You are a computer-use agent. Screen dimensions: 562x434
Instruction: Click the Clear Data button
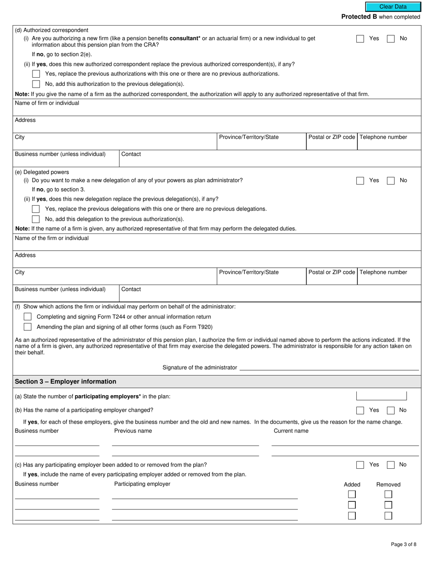(393, 7)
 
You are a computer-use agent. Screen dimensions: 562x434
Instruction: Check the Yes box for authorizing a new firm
(360, 39)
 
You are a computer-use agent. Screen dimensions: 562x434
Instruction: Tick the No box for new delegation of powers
(391, 180)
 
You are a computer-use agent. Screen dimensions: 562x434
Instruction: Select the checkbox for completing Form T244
(27, 317)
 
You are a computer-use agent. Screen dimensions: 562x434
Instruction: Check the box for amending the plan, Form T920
(27, 327)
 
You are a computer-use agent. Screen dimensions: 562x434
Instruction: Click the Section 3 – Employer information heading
(65, 382)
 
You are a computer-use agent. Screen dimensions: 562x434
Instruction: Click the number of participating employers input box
(381, 396)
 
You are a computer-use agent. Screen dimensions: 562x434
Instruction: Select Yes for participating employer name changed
(360, 410)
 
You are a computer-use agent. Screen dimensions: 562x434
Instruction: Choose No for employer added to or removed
(391, 465)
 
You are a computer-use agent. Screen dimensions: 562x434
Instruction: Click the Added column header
(352, 484)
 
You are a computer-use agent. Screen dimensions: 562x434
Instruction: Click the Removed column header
(388, 484)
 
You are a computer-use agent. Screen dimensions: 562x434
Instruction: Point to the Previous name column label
(133, 431)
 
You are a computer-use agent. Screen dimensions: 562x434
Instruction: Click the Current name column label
(291, 431)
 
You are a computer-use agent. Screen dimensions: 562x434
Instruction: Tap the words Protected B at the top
(359, 17)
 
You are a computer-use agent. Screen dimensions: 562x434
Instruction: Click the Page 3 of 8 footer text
(403, 544)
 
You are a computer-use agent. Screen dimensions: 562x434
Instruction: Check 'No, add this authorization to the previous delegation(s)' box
(36, 84)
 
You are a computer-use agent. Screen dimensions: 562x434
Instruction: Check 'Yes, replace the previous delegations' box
(36, 209)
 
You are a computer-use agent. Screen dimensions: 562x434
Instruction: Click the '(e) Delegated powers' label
(42, 172)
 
